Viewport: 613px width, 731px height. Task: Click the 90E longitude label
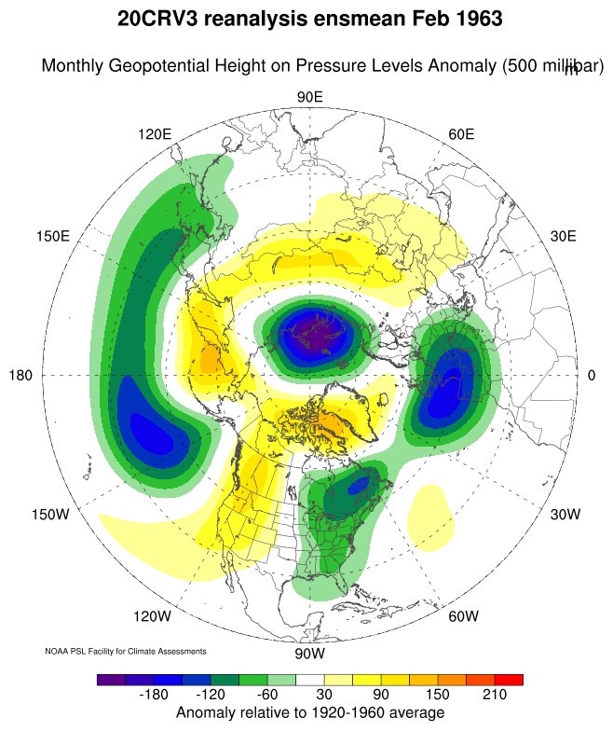[x=309, y=98]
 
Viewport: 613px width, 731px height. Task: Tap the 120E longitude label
[x=155, y=134]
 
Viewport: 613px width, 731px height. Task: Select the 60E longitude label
[x=462, y=134]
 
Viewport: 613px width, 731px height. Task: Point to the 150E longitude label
[x=53, y=236]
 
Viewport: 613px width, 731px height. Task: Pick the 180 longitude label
[x=20, y=375]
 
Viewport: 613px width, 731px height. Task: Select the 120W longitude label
[x=153, y=616]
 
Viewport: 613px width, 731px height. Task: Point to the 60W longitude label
[x=463, y=616]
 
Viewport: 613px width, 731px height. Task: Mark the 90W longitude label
[x=308, y=653]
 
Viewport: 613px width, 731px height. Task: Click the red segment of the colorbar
[x=509, y=680]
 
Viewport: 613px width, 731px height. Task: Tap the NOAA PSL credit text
[x=126, y=651]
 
